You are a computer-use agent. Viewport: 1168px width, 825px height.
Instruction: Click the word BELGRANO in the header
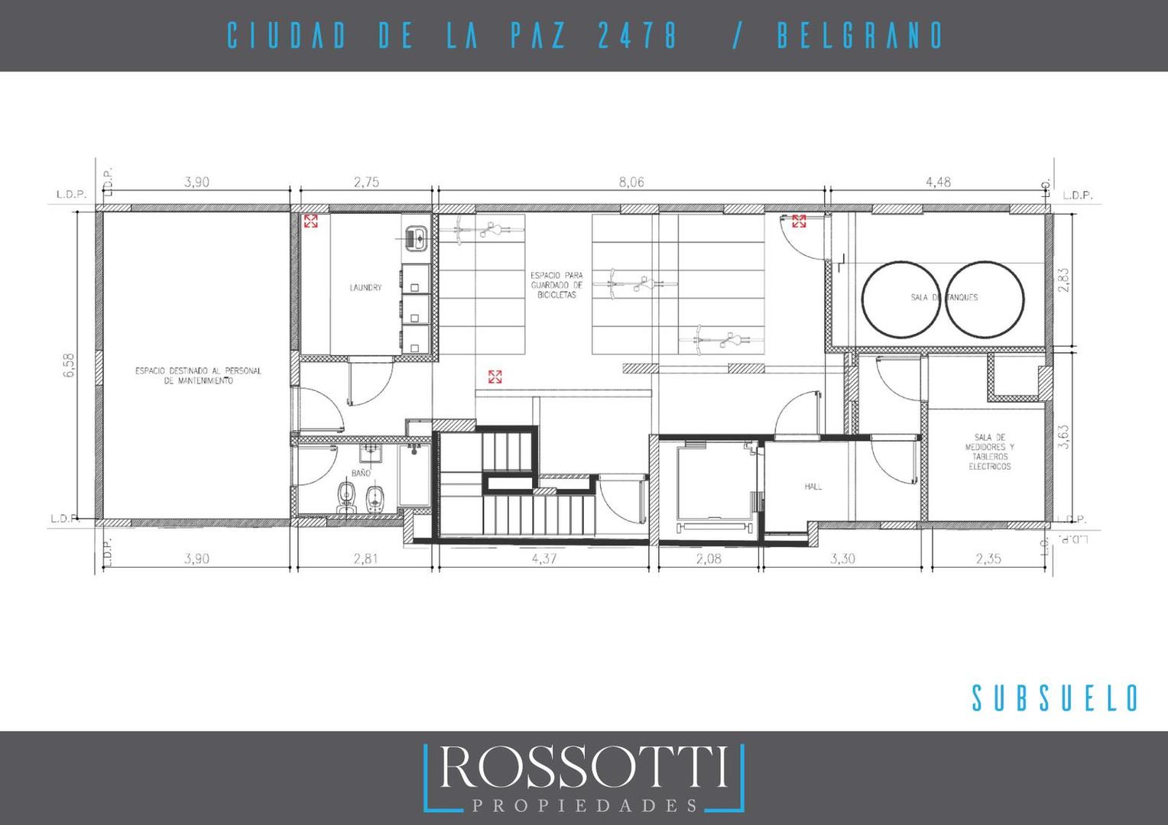click(859, 36)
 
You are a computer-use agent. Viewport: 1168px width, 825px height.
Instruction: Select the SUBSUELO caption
click(1056, 698)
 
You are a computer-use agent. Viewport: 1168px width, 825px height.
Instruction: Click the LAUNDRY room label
click(365, 288)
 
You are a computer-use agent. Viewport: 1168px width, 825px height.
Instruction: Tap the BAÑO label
click(361, 474)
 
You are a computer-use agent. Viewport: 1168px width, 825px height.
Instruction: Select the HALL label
click(813, 486)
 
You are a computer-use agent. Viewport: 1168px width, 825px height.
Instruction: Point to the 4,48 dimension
click(938, 183)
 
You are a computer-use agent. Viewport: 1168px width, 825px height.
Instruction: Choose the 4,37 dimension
click(544, 559)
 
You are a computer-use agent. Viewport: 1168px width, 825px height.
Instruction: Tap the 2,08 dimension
click(710, 559)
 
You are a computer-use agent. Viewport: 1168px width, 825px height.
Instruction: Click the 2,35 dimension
click(988, 559)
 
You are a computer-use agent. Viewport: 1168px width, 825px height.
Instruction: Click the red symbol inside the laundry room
click(311, 222)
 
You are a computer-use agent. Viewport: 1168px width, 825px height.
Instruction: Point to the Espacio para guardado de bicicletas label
click(556, 284)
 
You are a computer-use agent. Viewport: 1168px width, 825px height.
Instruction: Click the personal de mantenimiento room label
click(198, 375)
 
